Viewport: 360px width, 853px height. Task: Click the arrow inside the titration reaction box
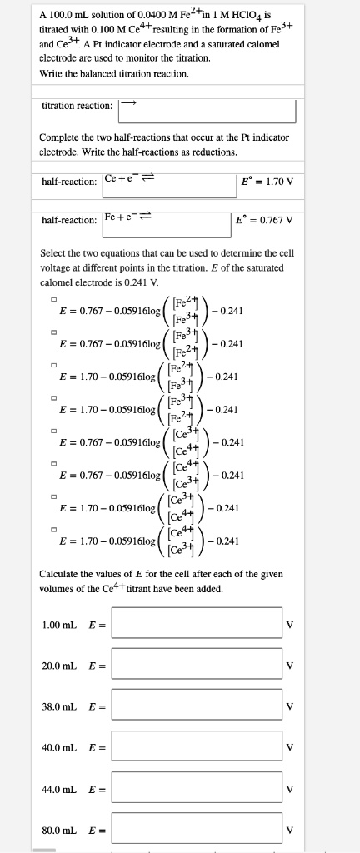pos(127,104)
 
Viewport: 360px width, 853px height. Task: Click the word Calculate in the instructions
pos(60,574)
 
